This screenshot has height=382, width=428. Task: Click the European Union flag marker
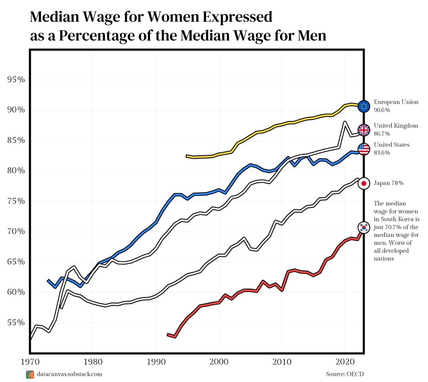(364, 106)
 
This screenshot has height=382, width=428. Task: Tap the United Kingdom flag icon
(364, 130)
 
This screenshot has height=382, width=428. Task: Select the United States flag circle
(364, 149)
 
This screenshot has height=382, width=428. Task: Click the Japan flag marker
(364, 183)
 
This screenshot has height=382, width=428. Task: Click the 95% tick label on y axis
(16, 80)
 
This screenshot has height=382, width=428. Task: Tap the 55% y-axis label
(16, 323)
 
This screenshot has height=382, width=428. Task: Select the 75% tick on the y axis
(16, 201)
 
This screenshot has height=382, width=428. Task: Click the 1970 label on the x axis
(30, 362)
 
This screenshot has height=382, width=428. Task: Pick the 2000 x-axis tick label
(219, 362)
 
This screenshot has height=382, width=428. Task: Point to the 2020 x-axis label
(345, 362)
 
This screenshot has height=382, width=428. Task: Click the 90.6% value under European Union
(382, 110)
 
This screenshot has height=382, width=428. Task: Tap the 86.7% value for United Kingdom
(382, 134)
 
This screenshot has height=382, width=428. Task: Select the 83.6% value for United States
(382, 153)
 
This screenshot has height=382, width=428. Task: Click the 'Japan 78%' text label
(388, 183)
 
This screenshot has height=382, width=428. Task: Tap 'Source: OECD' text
(345, 374)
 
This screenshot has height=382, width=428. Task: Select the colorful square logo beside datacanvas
(30, 375)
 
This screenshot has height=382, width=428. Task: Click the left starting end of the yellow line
(187, 156)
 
